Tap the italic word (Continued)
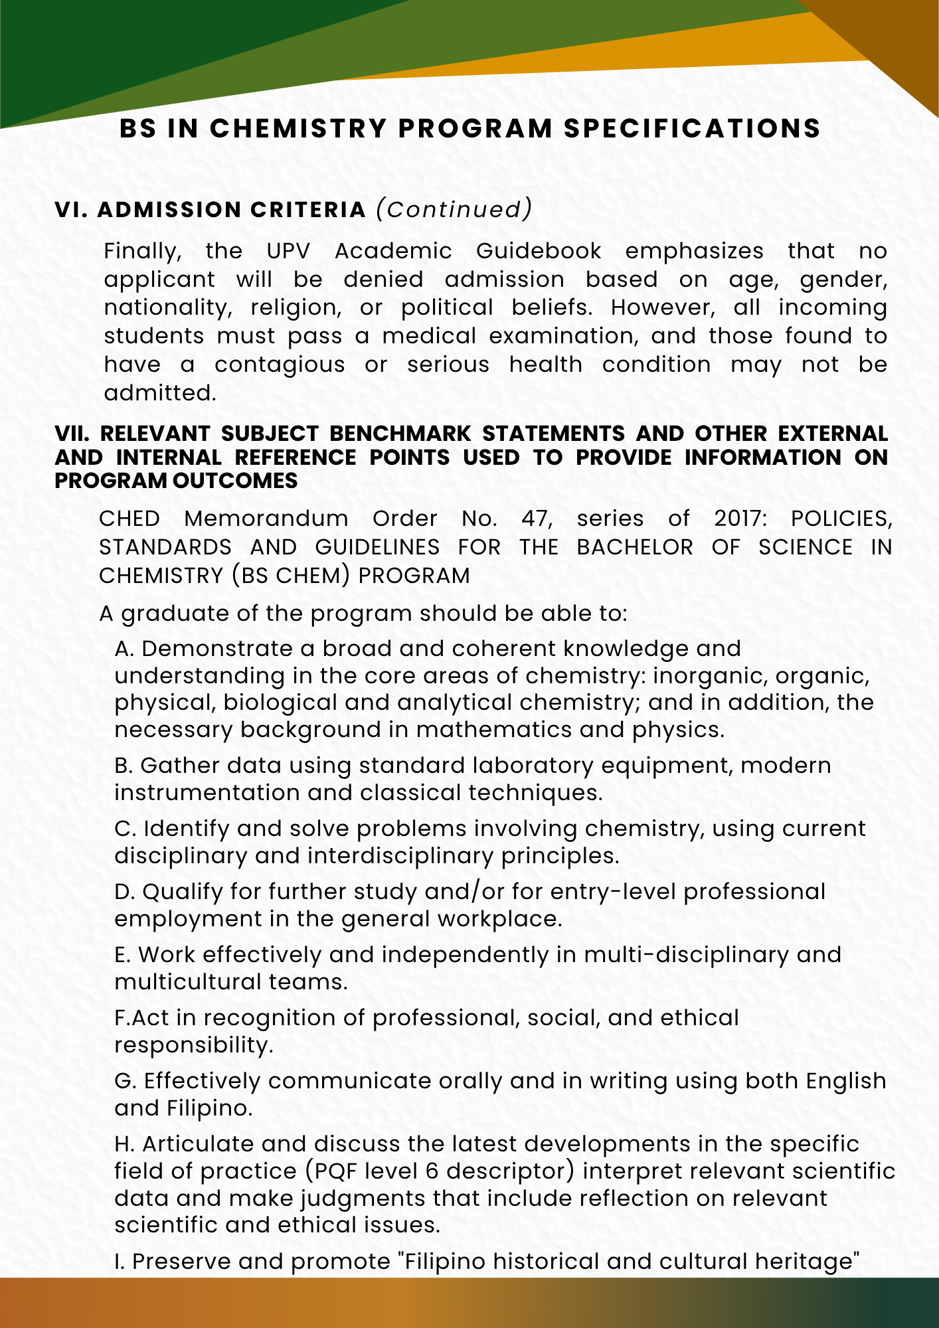coord(454,209)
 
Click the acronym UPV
coord(288,251)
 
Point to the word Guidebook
coord(539,251)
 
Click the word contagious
coord(280,365)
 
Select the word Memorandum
coord(266,519)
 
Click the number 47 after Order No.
coord(537,519)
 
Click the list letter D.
coord(124,892)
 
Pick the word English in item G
coord(846,1081)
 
